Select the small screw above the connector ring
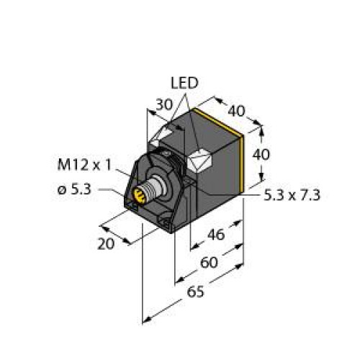(165, 155)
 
